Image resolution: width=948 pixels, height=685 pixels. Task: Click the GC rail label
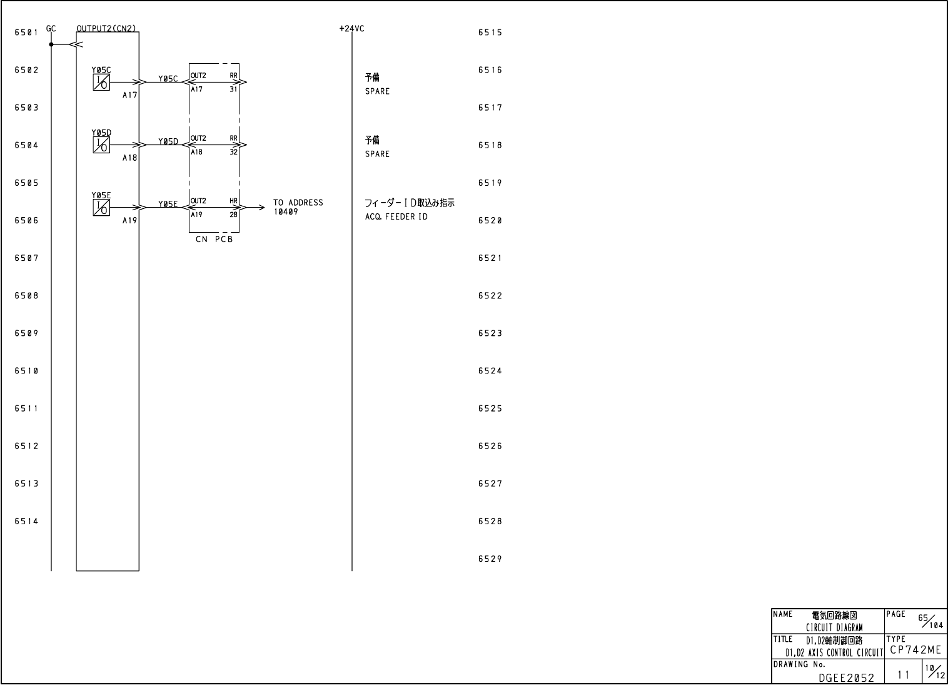[x=51, y=29]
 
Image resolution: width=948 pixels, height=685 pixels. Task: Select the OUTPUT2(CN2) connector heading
[x=106, y=29]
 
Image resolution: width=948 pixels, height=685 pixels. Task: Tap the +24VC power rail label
[x=351, y=29]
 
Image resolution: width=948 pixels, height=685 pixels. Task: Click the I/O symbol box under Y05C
[x=101, y=83]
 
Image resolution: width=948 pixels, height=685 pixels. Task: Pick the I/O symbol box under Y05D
[x=101, y=145]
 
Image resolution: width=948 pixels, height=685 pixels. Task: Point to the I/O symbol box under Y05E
[x=101, y=208]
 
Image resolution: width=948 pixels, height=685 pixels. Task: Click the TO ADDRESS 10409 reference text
[x=298, y=207]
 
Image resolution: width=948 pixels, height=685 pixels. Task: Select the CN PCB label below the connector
[x=214, y=240]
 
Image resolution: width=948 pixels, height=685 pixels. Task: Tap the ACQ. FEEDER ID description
[x=396, y=217]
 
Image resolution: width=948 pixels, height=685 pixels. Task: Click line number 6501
[x=26, y=33]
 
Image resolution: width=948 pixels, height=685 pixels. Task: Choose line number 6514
[x=26, y=521]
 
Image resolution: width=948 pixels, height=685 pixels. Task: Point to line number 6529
[x=490, y=559]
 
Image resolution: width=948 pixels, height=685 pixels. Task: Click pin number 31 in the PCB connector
[x=233, y=89]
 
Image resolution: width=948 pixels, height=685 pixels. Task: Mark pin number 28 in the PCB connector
[x=233, y=215]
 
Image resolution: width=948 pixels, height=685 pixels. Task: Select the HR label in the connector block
[x=233, y=201]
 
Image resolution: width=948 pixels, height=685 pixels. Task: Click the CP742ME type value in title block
[x=915, y=651]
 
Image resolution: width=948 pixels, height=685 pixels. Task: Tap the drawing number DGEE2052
[x=846, y=677]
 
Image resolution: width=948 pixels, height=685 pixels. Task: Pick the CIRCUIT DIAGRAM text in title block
[x=834, y=627]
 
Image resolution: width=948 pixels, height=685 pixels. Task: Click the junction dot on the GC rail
[x=51, y=44]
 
